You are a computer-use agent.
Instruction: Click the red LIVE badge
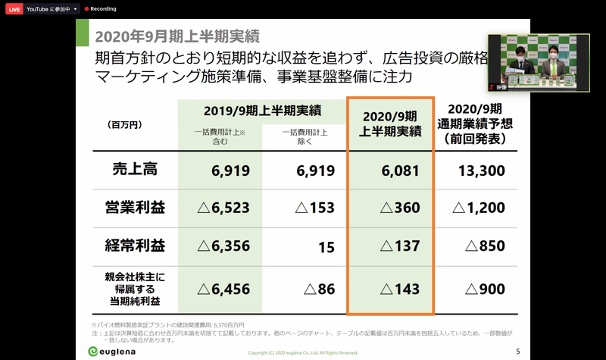click(14, 8)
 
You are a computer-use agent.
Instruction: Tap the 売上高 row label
click(130, 169)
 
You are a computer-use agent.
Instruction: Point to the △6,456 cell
click(223, 289)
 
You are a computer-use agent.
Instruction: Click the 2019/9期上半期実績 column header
click(259, 111)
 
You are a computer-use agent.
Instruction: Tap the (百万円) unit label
click(126, 124)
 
